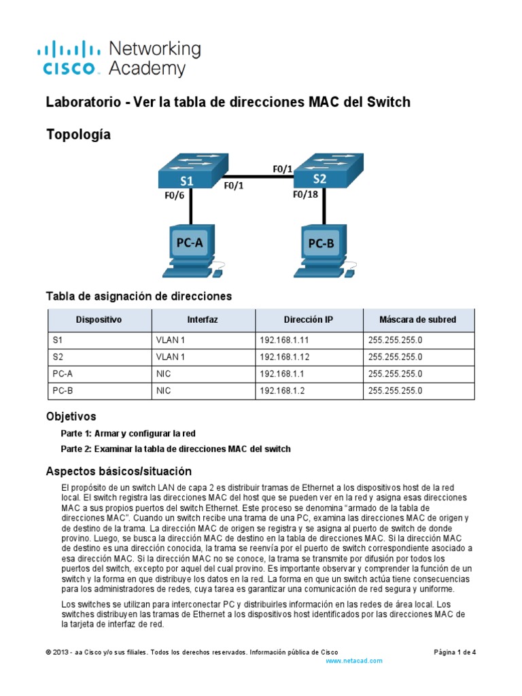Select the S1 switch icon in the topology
188,172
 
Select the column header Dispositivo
99,319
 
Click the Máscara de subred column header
418,319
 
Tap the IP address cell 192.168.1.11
281,340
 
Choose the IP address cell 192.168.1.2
279,391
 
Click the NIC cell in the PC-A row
164,374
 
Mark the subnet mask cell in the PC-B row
395,391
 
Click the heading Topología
77,135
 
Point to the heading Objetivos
71,416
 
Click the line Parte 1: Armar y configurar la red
128,433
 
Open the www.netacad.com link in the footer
353,661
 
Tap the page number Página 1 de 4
455,652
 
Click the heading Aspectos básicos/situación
118,471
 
